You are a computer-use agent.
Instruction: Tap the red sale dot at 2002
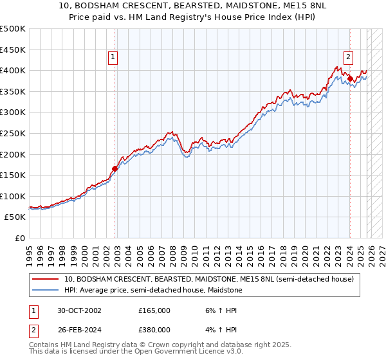(x=115, y=168)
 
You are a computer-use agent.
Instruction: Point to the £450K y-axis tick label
(x=13, y=50)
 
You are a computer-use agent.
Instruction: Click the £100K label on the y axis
(x=13, y=196)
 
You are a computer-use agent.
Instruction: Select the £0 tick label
(x=19, y=239)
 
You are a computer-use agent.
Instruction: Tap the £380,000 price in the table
(x=154, y=330)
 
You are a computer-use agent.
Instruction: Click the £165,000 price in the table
(x=154, y=310)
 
